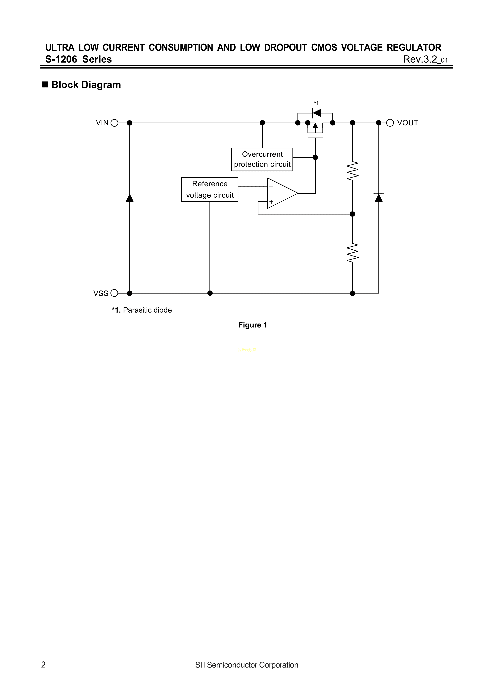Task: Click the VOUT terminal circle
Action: coord(390,123)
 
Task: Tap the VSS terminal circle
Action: coord(114,293)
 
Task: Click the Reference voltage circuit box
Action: coord(210,190)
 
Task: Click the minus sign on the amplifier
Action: coord(271,187)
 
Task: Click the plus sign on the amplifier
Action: coord(271,202)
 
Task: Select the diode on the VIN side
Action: coord(130,198)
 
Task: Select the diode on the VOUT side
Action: coord(379,198)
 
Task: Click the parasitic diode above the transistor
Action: coord(317,113)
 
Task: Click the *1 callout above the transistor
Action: coord(316,103)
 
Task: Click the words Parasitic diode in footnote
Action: coord(147,310)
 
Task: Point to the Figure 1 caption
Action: coord(253,325)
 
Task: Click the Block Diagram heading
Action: coord(86,85)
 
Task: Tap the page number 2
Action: coord(44,665)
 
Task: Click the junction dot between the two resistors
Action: coord(352,214)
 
